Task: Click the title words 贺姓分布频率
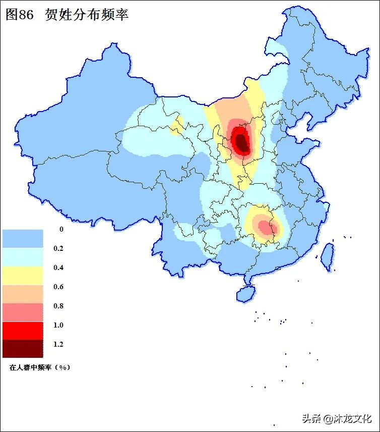coord(86,15)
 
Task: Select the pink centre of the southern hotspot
coord(264,226)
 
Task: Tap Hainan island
coord(245,293)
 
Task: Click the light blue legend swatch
coord(23,238)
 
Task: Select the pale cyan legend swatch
coord(23,257)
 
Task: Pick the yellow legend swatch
coord(23,276)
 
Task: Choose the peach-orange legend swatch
coord(23,294)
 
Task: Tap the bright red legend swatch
coord(23,331)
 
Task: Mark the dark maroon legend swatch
coord(23,348)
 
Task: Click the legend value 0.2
coord(58,248)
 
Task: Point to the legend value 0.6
coord(58,287)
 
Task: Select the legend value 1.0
coord(58,325)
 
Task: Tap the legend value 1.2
coord(58,344)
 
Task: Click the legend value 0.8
coord(58,306)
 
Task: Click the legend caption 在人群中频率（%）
coord(39,367)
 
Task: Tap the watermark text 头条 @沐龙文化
coord(336,418)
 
